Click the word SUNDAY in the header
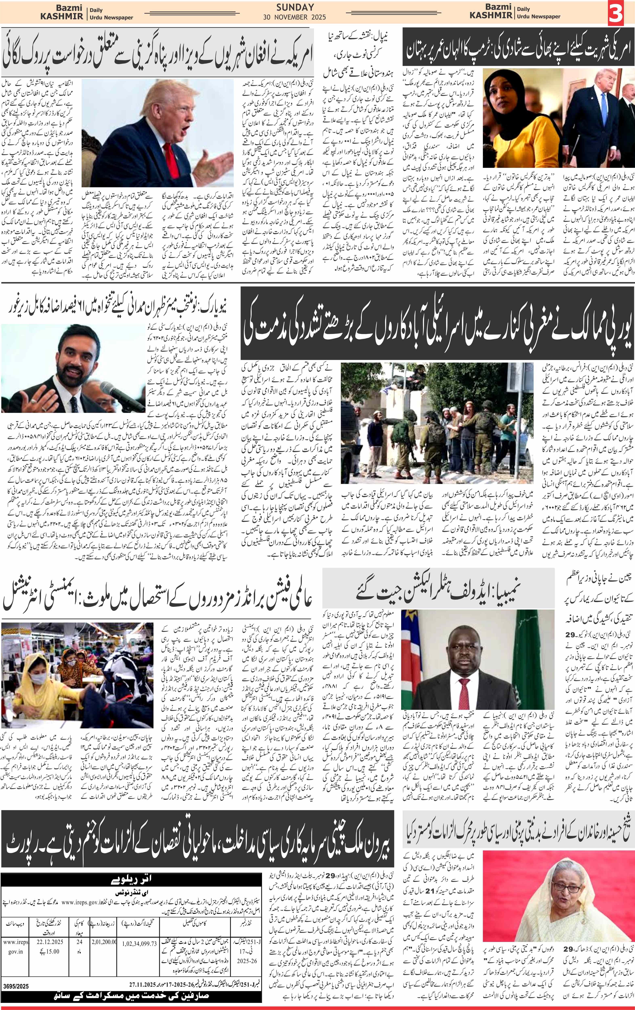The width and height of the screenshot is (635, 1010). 295,7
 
